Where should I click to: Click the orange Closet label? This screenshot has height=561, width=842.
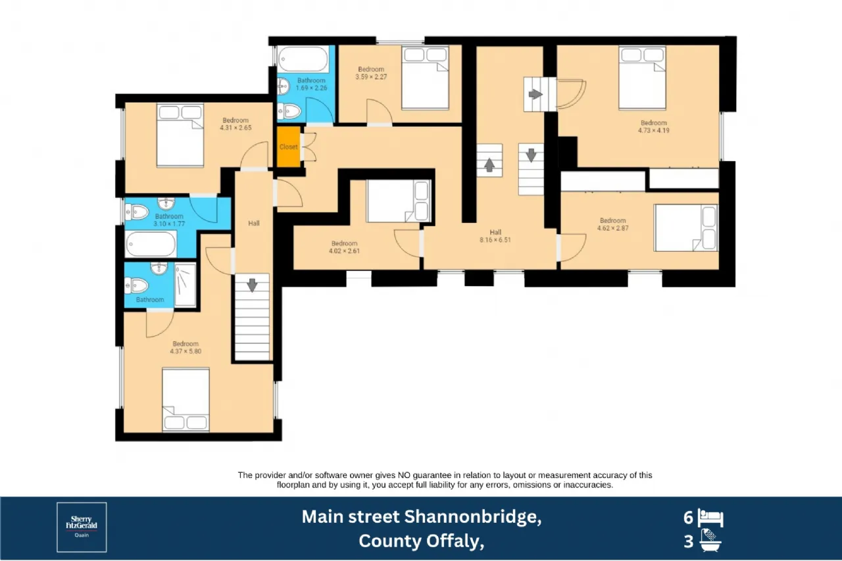tap(288, 147)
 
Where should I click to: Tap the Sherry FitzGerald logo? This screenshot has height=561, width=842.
tap(82, 527)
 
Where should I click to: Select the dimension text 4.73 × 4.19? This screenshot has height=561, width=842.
tap(654, 131)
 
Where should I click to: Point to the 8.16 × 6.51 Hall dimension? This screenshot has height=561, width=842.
tap(495, 240)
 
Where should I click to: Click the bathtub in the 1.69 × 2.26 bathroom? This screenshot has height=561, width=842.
tap(303, 59)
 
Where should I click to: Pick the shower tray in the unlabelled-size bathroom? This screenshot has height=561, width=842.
tap(186, 285)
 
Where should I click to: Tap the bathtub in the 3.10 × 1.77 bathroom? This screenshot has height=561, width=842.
tap(151, 244)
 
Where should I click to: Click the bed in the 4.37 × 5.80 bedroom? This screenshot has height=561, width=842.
tap(186, 399)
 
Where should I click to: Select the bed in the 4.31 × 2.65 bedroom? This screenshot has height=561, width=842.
tap(180, 135)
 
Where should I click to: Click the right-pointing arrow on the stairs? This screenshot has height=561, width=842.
tap(535, 94)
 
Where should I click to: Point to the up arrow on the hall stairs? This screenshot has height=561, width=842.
tap(489, 164)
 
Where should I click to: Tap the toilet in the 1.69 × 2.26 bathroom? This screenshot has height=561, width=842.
tap(289, 111)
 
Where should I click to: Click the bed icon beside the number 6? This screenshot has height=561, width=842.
tap(710, 518)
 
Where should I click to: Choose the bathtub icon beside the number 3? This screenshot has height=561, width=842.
tap(710, 541)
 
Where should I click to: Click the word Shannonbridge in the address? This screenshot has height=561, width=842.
tap(473, 517)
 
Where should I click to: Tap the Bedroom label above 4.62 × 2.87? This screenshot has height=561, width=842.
tap(612, 220)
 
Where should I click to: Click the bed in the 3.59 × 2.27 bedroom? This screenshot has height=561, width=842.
tap(425, 78)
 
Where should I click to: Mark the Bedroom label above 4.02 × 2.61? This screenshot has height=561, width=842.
tap(344, 243)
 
